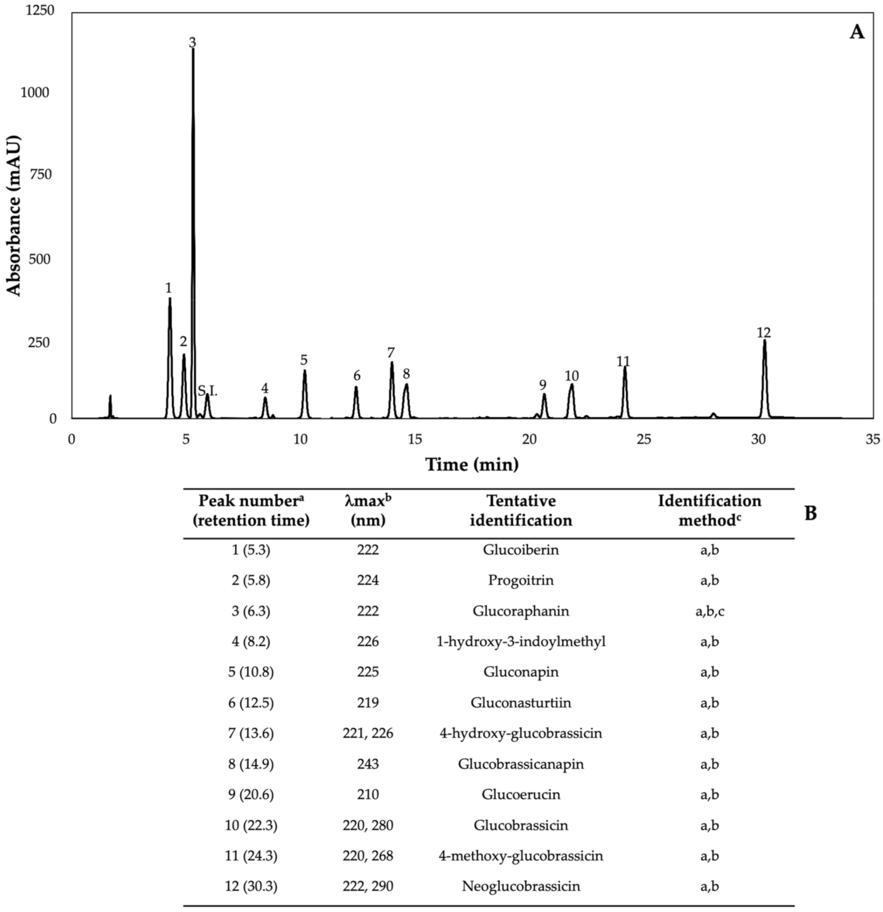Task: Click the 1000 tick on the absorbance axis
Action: [x=35, y=92]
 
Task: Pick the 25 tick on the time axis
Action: [x=644, y=439]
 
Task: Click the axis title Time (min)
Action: [x=472, y=464]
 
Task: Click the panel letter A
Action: [x=857, y=33]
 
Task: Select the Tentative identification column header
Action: [x=521, y=510]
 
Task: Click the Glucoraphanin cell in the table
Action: [x=521, y=610]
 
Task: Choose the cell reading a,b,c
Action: [x=709, y=610]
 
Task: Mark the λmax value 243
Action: [x=368, y=764]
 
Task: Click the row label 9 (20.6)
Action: [x=251, y=794]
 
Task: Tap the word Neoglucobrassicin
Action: [x=521, y=886]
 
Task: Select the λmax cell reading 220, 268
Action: [x=368, y=855]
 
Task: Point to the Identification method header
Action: [x=709, y=510]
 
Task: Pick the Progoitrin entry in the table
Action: [x=521, y=580]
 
